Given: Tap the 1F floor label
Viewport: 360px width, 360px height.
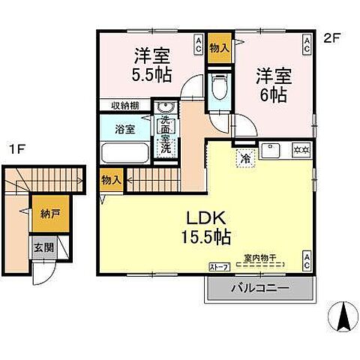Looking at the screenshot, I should click(16, 149).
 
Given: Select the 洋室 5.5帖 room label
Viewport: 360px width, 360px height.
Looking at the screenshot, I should click(151, 65).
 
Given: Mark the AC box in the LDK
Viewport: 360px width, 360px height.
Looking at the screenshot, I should click(307, 261).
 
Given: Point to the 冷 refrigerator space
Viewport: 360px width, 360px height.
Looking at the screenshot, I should click(244, 157).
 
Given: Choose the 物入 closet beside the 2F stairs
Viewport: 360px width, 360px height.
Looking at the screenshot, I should click(109, 181).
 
